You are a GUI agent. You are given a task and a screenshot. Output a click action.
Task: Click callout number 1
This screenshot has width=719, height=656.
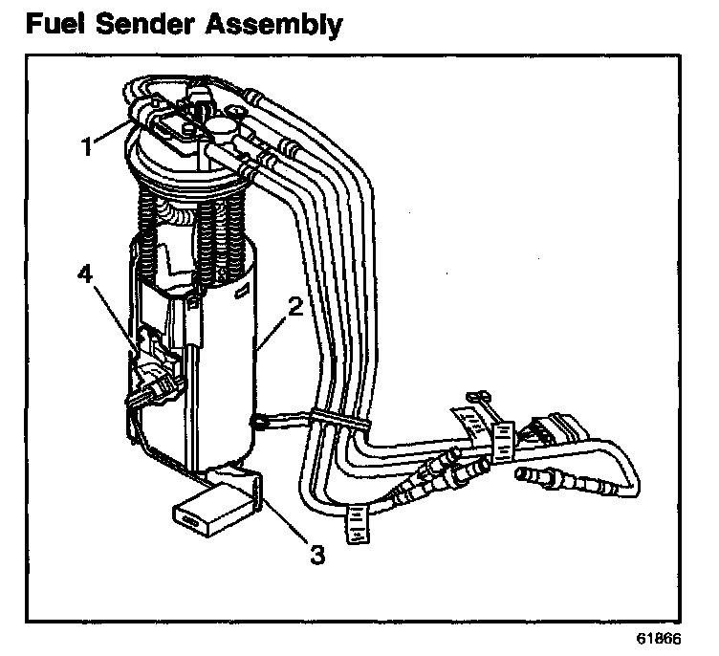coord(87,147)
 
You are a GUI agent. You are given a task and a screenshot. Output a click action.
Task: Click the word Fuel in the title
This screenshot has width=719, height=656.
coord(59,23)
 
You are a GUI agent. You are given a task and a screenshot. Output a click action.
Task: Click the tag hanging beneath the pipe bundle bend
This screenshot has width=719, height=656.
coord(358,523)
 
